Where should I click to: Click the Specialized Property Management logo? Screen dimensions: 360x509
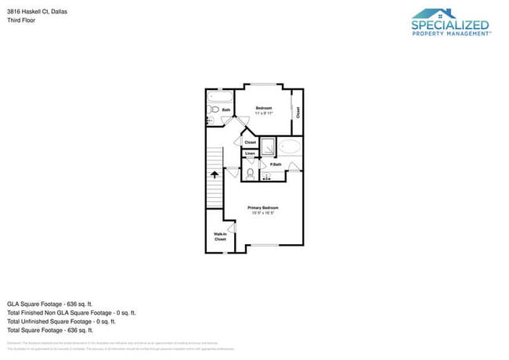450,22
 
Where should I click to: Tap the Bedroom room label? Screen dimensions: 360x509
264,108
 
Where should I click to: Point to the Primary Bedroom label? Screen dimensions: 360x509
263,207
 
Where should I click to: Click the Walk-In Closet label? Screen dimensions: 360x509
220,236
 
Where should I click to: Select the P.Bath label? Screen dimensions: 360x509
276,164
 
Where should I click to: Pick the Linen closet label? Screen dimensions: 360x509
250,153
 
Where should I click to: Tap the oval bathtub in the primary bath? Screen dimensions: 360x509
290,147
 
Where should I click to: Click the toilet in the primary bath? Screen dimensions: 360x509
250,174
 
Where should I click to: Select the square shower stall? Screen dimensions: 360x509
268,146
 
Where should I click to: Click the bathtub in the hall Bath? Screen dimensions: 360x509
218,98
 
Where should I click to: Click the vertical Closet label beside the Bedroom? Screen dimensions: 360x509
298,111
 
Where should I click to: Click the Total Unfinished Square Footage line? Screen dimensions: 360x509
61,321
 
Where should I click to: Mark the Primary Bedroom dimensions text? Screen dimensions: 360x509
264,213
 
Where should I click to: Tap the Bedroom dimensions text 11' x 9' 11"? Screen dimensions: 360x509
264,113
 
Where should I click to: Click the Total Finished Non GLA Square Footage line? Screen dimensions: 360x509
71,312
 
